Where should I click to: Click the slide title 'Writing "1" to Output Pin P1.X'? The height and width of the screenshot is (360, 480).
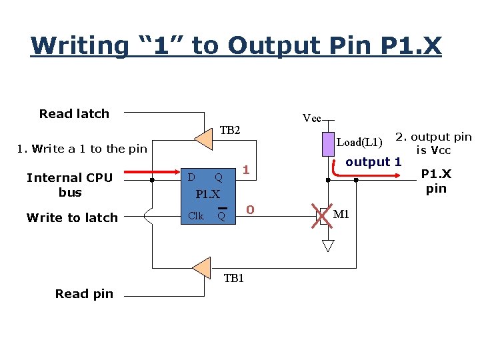point(236,46)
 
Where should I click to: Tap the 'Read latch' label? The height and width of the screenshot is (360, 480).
point(74,113)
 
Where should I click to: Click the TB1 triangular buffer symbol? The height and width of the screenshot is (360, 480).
point(201,267)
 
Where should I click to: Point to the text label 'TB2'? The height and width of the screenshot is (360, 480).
point(230,131)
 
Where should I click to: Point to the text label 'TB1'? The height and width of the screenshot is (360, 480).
point(234,278)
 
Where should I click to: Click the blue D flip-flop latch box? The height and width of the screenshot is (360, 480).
point(207,195)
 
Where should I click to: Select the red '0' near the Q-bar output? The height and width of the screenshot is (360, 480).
point(250,210)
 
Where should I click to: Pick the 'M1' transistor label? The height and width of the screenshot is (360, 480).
point(341,214)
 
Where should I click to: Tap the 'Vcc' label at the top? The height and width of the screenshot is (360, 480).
point(311,119)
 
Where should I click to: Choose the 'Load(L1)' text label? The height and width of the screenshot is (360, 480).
point(359,142)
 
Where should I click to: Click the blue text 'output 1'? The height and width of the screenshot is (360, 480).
point(373,161)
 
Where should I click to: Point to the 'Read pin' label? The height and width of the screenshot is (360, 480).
point(84,293)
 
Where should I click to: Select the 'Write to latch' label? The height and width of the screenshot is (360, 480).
point(72,217)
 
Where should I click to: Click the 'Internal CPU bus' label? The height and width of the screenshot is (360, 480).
point(69,185)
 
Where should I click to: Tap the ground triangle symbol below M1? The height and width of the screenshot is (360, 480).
point(328,245)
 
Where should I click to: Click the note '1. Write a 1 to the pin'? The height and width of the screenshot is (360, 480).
point(81,149)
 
